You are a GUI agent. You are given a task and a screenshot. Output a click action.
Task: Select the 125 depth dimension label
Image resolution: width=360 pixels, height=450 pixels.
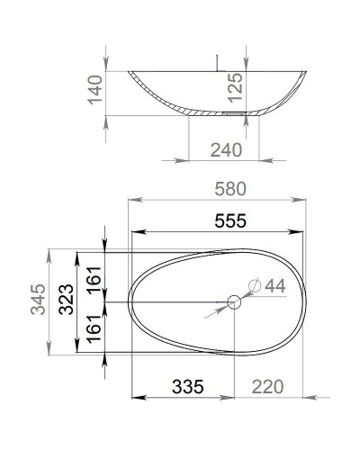[x=232, y=90]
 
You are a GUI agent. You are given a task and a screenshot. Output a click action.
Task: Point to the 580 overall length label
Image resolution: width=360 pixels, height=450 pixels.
[x=228, y=189]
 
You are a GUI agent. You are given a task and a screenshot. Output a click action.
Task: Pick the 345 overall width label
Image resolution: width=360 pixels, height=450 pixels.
[x=38, y=308]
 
